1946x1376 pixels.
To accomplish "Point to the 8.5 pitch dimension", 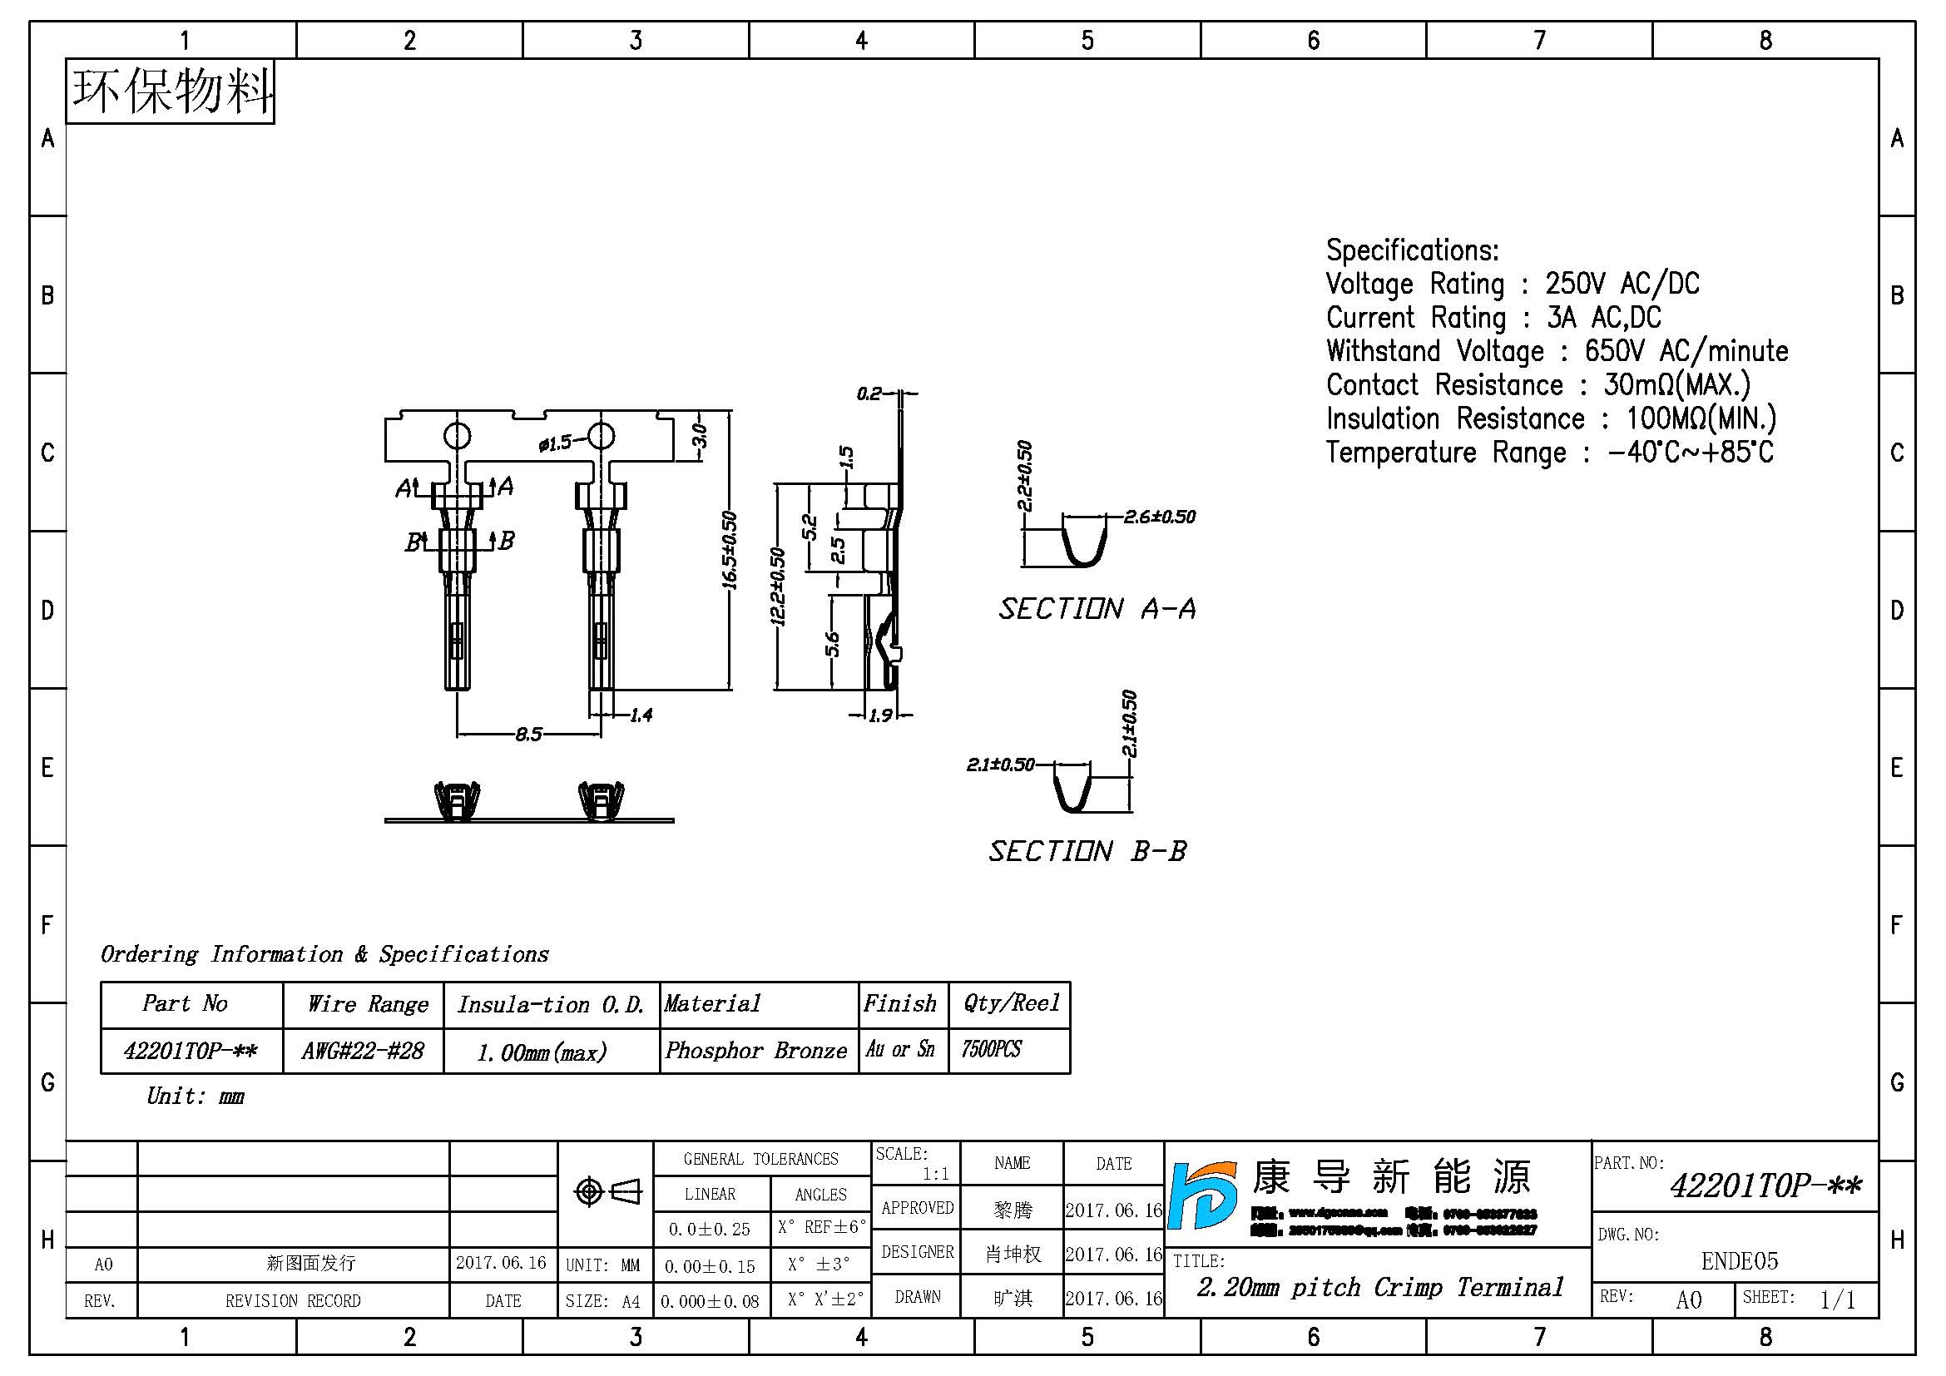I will point(528,734).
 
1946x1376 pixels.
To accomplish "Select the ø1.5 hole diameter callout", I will point(555,443).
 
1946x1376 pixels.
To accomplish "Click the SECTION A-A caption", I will point(1097,608).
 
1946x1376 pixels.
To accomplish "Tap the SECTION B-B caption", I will point(1087,851).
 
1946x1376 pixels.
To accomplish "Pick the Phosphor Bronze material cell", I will point(756,1051).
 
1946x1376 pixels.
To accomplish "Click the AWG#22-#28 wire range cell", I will point(363,1051).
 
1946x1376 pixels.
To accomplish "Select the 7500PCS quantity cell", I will point(991,1049).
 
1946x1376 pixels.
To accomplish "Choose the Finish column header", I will point(900,1004).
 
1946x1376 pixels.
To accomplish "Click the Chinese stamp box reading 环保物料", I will point(171,92).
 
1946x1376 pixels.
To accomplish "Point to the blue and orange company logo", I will point(1202,1195).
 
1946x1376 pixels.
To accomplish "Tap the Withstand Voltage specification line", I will point(1557,351).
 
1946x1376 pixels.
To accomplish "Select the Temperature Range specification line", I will point(1549,453).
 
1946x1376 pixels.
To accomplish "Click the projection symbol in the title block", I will point(607,1192).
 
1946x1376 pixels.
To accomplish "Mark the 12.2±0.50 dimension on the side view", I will point(777,587).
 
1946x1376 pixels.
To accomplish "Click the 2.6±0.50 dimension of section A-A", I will point(1159,517).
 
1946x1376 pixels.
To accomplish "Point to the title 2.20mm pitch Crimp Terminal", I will point(1379,1287).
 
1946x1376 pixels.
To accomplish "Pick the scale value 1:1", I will point(936,1174).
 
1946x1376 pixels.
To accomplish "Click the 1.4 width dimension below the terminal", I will point(641,715).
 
